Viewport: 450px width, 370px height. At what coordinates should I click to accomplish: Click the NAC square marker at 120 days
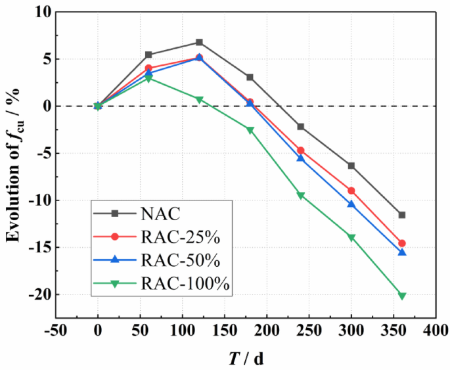tap(199, 42)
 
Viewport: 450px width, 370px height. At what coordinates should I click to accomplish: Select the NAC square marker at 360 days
tap(402, 215)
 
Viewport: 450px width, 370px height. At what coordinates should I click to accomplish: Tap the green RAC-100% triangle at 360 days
tap(402, 296)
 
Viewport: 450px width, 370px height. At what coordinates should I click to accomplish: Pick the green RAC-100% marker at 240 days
tap(301, 195)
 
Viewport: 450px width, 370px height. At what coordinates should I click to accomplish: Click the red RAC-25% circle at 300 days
tap(351, 191)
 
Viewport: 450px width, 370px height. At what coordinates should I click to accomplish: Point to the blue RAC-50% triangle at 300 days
tap(351, 204)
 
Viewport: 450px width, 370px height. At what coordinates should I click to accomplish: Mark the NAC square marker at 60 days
tap(148, 55)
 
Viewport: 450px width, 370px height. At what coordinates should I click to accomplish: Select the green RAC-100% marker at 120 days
tap(199, 99)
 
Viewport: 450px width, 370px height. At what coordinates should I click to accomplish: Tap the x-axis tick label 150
tap(225, 330)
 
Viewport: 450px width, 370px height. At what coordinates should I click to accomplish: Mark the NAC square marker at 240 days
tap(301, 127)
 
